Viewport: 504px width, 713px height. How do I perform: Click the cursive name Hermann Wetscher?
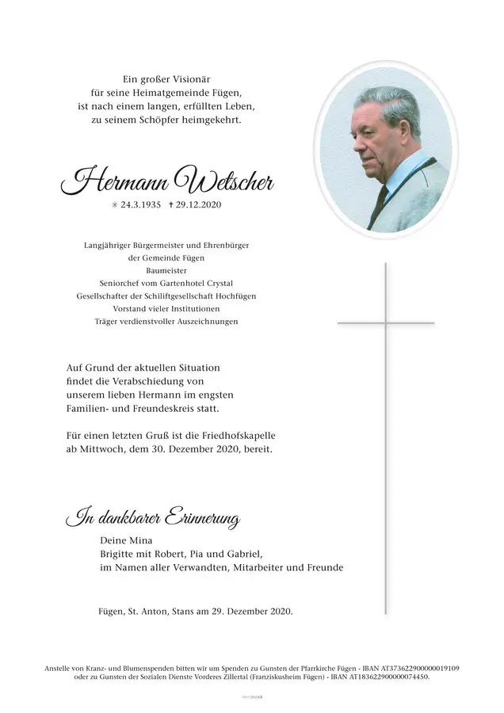[x=167, y=181]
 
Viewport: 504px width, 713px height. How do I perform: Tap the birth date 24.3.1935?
[x=136, y=205]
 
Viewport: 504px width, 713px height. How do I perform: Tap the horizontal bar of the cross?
[x=386, y=323]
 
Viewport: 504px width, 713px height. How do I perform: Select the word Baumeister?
[x=166, y=271]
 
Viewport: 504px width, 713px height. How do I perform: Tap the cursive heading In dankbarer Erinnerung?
[x=153, y=519]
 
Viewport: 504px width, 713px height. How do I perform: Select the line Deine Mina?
[x=120, y=540]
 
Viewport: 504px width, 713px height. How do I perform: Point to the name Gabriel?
[x=241, y=554]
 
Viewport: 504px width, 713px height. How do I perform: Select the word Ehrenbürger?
[x=221, y=246]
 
